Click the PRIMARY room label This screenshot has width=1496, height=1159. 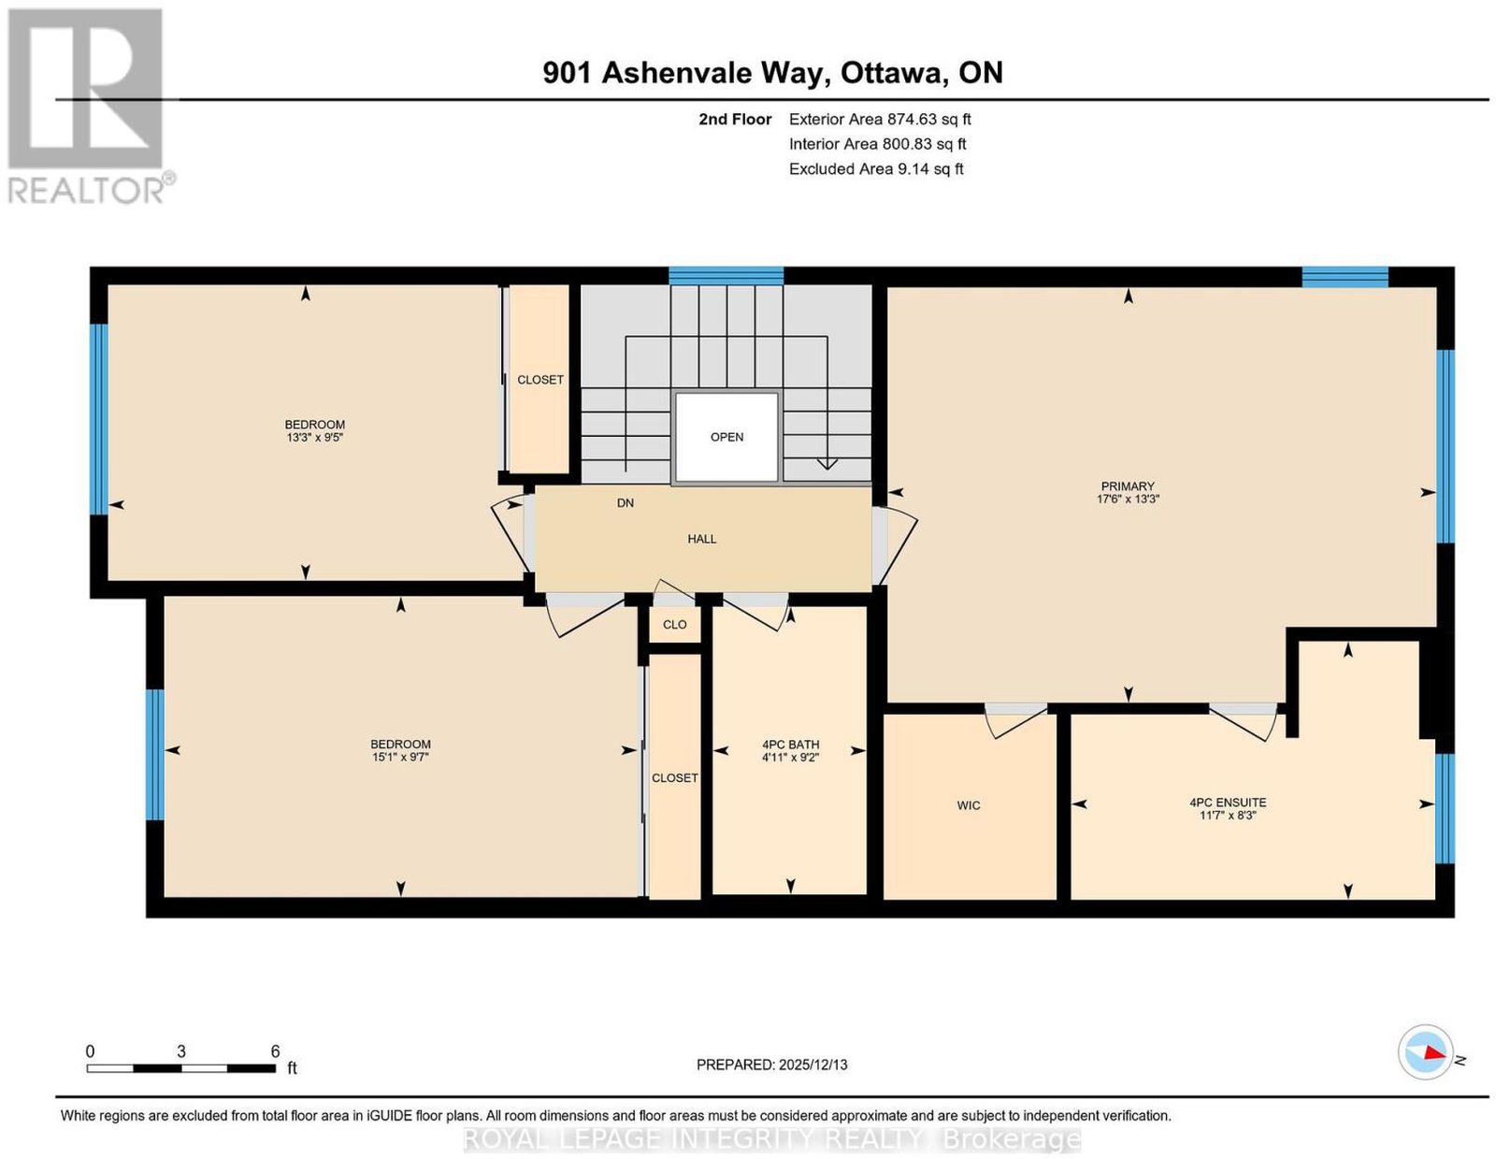(x=1127, y=486)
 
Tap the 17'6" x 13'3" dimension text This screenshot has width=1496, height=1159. (x=1128, y=499)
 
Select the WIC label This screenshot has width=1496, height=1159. (x=968, y=805)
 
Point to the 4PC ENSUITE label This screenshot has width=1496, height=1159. (x=1228, y=803)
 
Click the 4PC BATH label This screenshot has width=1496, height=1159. (x=790, y=745)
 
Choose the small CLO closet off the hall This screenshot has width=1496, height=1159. (x=675, y=625)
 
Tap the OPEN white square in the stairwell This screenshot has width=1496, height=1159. (x=727, y=437)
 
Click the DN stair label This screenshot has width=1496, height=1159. (x=626, y=503)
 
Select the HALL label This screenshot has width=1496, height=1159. (x=701, y=539)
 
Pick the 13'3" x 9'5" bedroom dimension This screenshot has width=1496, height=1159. (x=314, y=437)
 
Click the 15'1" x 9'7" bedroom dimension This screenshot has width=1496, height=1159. (x=400, y=757)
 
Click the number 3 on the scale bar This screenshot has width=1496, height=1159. (x=181, y=1051)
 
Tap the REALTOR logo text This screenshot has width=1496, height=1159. (x=87, y=191)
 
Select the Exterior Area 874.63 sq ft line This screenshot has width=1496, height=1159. (x=880, y=119)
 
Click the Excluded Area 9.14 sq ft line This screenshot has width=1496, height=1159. (x=876, y=168)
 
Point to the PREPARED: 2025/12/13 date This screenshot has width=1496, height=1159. (x=771, y=1065)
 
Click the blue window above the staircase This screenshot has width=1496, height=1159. (x=726, y=275)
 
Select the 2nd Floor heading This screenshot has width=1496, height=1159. (x=735, y=119)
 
